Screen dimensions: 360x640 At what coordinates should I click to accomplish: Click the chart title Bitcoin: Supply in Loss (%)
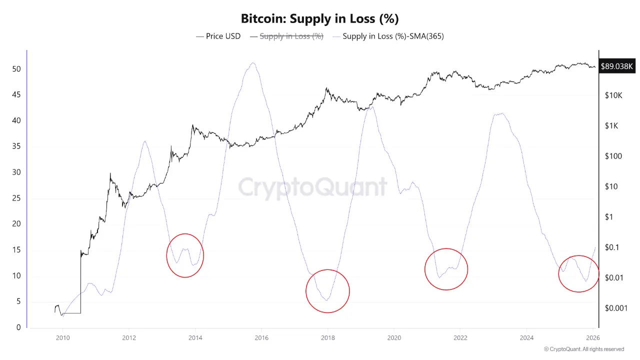click(x=319, y=19)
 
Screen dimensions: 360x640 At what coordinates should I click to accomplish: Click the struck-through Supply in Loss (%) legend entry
click(x=291, y=36)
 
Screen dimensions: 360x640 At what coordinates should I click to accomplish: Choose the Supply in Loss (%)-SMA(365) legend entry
click(x=393, y=36)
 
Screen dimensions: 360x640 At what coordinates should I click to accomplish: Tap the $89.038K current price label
click(x=616, y=66)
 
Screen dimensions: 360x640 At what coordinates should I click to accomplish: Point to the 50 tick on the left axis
click(x=16, y=68)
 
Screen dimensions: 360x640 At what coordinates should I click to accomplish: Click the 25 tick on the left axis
click(x=16, y=198)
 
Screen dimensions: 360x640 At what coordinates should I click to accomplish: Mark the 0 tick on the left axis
click(x=18, y=327)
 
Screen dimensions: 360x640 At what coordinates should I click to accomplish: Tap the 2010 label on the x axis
click(x=63, y=338)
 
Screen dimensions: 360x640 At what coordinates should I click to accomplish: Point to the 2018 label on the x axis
click(x=327, y=338)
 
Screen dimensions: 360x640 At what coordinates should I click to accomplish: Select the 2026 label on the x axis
click(x=592, y=338)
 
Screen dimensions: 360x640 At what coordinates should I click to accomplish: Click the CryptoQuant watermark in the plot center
click(x=312, y=187)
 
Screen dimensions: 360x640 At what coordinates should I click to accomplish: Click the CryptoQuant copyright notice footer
click(x=583, y=349)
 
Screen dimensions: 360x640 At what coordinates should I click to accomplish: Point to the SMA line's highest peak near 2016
click(x=253, y=63)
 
